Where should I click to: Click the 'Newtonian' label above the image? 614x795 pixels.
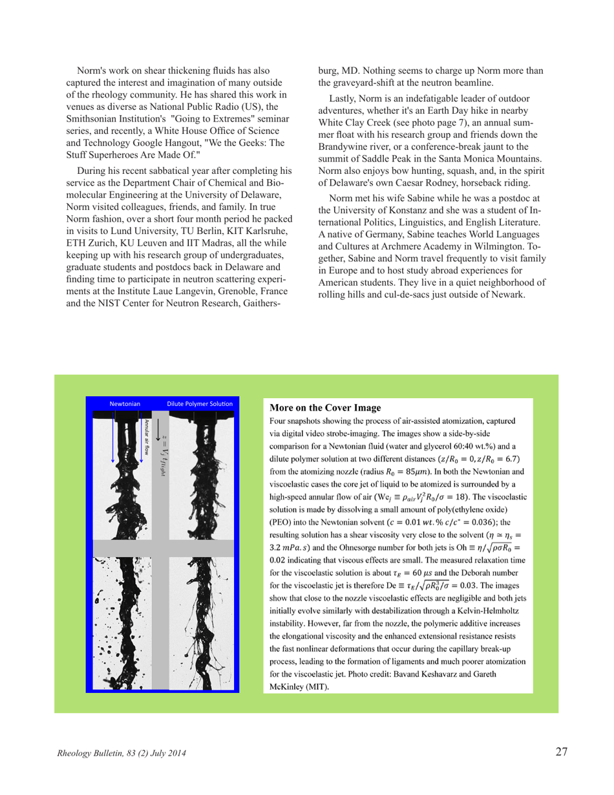point(125,403)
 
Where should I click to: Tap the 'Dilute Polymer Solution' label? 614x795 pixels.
point(199,403)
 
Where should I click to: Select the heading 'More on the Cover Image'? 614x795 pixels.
point(320,408)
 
